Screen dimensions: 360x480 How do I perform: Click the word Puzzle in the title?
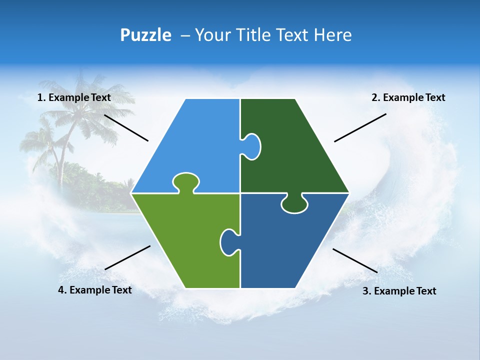click(x=145, y=35)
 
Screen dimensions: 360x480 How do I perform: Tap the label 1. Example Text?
click(x=74, y=97)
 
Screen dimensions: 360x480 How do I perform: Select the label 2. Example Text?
click(x=408, y=97)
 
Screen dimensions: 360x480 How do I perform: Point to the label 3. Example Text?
click(x=399, y=291)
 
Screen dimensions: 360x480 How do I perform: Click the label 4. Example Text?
click(x=95, y=290)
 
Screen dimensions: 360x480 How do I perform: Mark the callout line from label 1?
click(x=126, y=127)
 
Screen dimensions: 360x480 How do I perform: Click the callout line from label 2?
click(x=360, y=127)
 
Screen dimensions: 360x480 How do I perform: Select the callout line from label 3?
click(x=355, y=260)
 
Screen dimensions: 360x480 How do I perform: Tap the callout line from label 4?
click(x=127, y=257)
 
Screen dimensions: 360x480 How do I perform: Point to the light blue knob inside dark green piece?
click(x=252, y=146)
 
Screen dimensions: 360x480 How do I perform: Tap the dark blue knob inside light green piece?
click(x=228, y=242)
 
